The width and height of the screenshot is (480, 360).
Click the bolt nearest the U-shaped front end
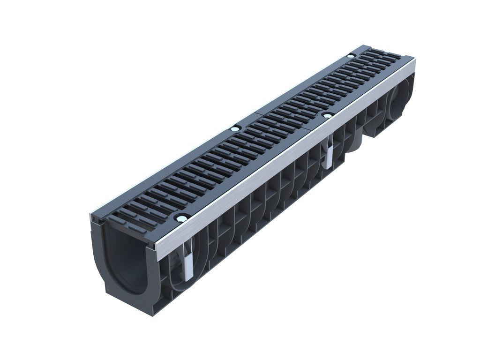coord(181,217)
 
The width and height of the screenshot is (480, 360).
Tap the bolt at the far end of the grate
coord(350,56)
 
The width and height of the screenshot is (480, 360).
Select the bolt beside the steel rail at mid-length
coord(328,115)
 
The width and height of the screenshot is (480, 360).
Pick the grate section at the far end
coord(337,84)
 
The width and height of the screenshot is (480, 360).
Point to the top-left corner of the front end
coord(92,217)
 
